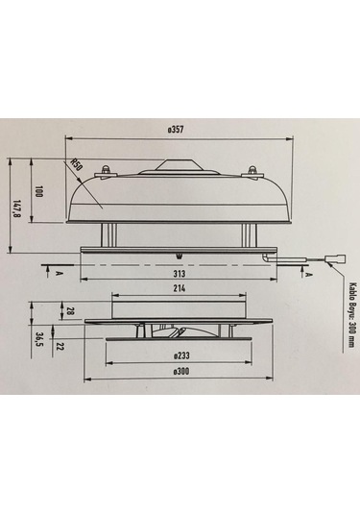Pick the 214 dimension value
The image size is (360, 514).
pyautogui.click(x=178, y=288)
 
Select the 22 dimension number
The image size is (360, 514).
pyautogui.click(x=60, y=345)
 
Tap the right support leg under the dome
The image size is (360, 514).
pyautogui.click(x=247, y=233)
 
